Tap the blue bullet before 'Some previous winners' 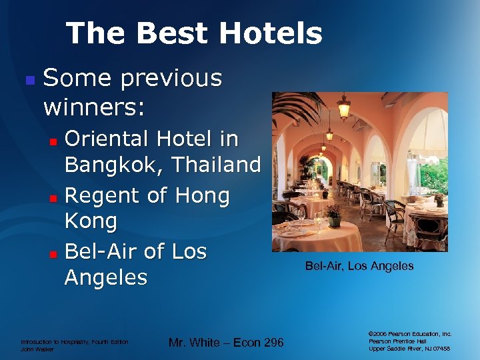pos(29,79)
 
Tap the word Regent pos(105,196)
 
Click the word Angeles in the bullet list pos(105,277)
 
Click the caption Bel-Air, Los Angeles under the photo pos(359,266)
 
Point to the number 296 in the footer pos(271,343)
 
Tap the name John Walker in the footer pos(38,348)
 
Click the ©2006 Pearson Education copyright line pos(410,333)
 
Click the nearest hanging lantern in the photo pos(344,106)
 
